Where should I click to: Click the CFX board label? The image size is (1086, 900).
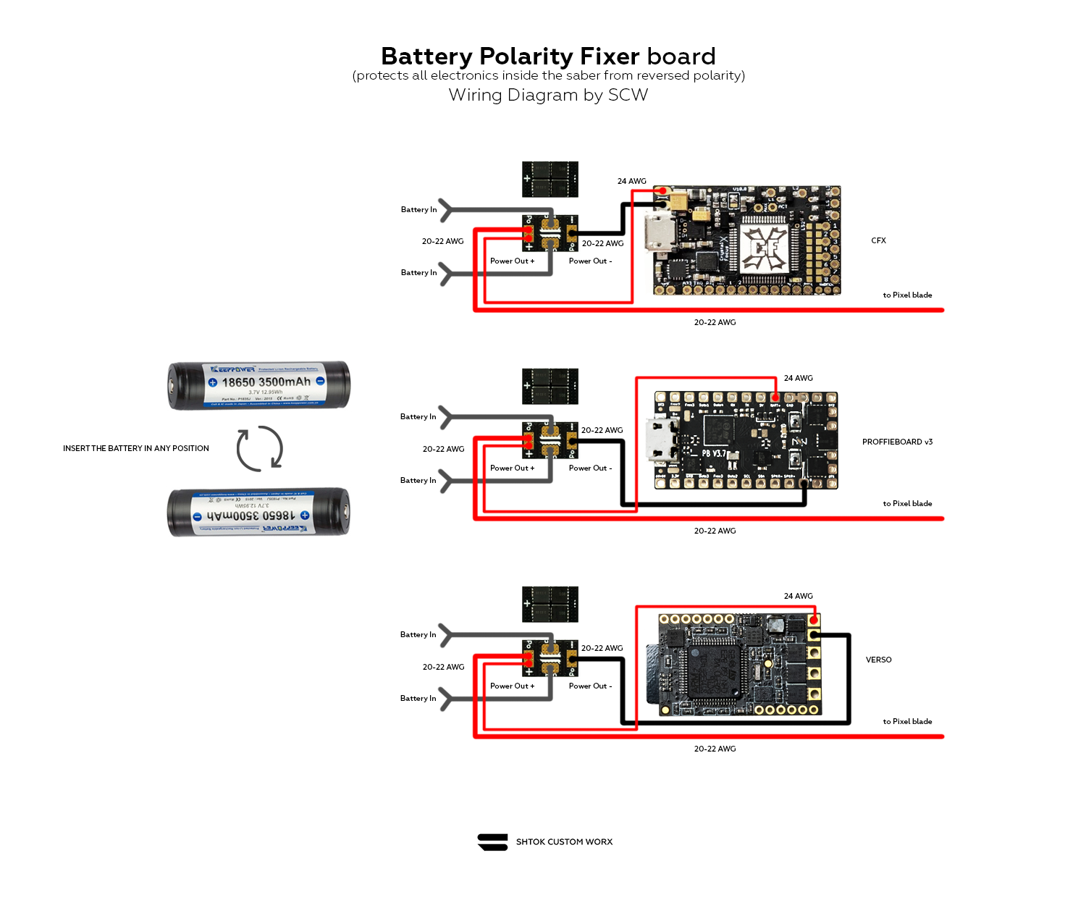coord(878,240)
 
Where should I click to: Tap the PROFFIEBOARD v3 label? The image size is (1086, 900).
coord(897,442)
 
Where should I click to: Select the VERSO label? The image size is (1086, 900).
coord(878,660)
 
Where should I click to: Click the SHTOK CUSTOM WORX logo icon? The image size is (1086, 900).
coord(493,842)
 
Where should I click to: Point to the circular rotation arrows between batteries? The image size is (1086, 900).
coord(260,448)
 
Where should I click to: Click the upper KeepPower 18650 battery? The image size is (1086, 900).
coord(259,384)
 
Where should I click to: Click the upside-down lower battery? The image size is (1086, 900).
coord(259,512)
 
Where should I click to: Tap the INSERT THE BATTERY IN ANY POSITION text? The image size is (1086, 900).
coord(136,448)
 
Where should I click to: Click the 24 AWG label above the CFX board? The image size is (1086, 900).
coord(631,181)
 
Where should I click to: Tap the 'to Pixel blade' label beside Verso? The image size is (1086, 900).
coord(907,721)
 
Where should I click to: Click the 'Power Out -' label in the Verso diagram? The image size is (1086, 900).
coord(590,686)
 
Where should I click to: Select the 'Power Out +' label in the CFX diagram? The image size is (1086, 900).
coord(512,261)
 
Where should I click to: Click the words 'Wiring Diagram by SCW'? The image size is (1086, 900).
coord(548,95)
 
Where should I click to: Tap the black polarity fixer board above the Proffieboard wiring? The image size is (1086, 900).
coord(550,386)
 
